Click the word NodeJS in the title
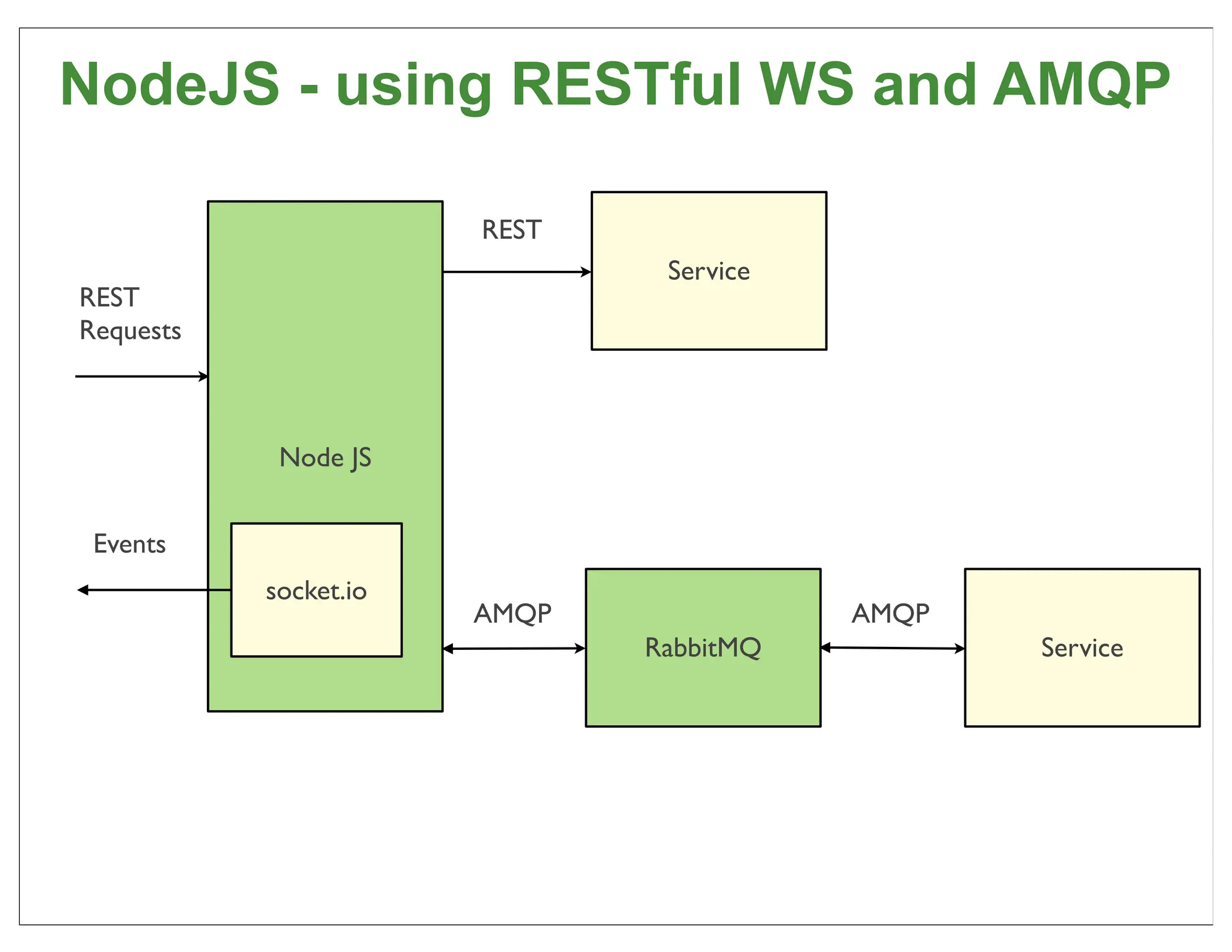click(x=170, y=84)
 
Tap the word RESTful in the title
click(x=626, y=84)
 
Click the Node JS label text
click(x=325, y=458)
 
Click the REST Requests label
click(x=129, y=314)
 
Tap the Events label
click(x=129, y=544)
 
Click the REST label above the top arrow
click(x=511, y=230)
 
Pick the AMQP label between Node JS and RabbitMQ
click(x=512, y=614)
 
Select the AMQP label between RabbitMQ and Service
click(x=890, y=614)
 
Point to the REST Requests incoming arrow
click(x=141, y=377)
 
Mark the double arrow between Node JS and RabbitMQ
click(x=514, y=649)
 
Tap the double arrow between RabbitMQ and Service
click(x=893, y=648)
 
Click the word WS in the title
click(x=806, y=84)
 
